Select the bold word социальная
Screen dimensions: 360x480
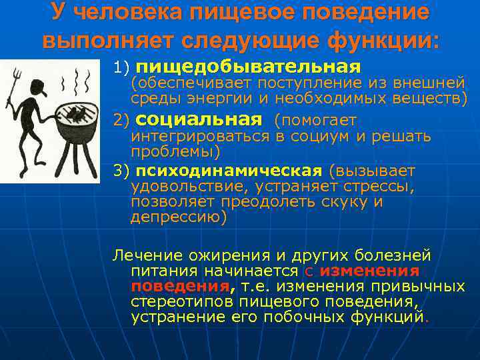click(199, 120)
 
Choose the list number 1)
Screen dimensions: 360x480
click(123, 68)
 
